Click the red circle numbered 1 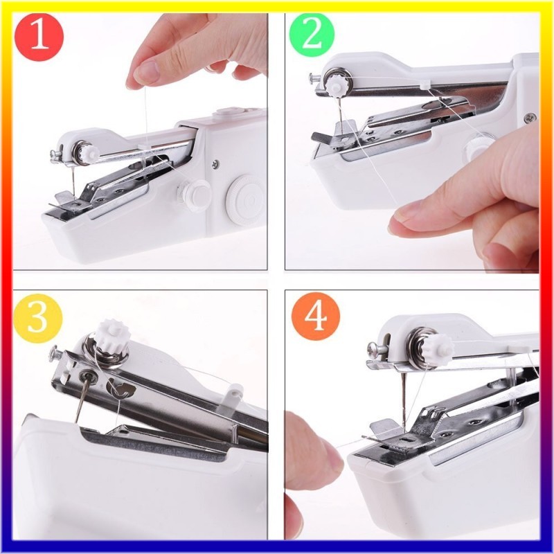pos(39,38)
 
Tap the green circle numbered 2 pos(312,37)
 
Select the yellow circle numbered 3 pos(37,317)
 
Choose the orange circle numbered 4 pos(316,316)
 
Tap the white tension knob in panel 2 pos(333,87)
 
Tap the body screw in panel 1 pos(215,163)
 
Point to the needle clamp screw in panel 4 pos(375,349)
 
